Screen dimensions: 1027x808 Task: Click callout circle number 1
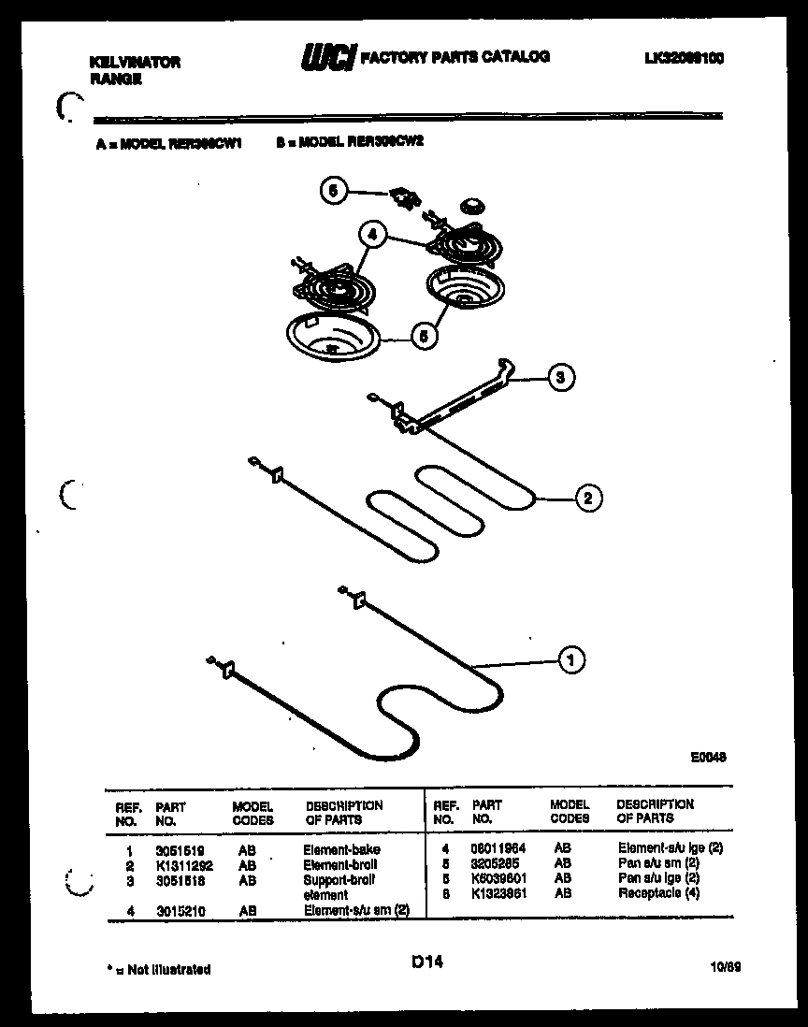tap(570, 661)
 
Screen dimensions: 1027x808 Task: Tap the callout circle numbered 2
tap(587, 498)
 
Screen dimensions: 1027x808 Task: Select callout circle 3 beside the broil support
tap(560, 378)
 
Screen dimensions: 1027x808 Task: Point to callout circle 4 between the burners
tap(372, 237)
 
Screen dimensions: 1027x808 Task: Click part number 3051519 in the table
tap(176, 849)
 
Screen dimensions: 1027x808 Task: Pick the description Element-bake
tap(341, 849)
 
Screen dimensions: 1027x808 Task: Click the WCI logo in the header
tap(326, 58)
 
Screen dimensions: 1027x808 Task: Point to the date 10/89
tap(725, 968)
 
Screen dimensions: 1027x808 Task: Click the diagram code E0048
tap(708, 759)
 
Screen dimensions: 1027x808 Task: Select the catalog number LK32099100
tap(685, 58)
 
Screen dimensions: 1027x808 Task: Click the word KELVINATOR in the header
tap(135, 63)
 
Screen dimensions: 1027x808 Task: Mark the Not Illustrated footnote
tap(157, 969)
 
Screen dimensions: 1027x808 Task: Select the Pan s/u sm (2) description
tap(658, 863)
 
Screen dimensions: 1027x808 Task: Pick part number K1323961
tap(498, 893)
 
